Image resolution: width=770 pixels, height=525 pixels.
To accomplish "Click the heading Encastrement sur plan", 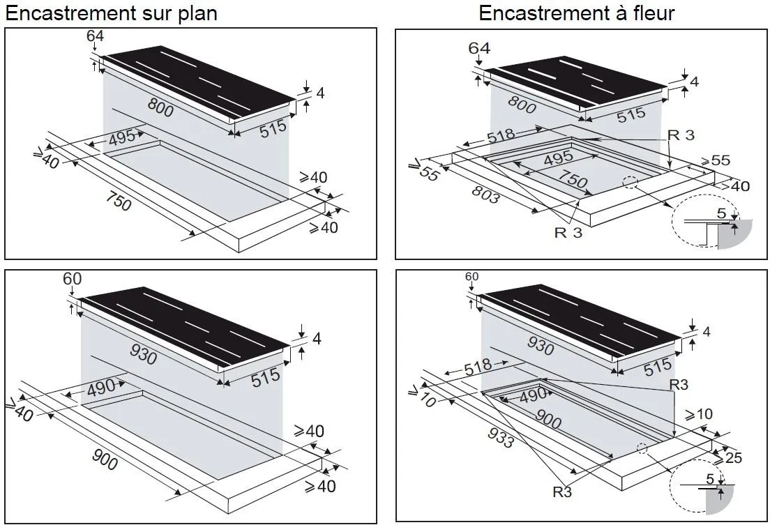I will [x=112, y=13].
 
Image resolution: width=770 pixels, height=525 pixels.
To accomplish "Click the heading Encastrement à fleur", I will [x=576, y=13].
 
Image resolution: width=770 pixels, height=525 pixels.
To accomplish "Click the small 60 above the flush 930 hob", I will [x=472, y=277].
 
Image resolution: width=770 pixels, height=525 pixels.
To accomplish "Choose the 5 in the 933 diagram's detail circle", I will [x=709, y=479].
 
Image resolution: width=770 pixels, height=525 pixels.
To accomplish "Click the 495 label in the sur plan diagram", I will [x=123, y=138].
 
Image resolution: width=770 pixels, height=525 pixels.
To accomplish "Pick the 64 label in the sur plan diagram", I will [x=94, y=36].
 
